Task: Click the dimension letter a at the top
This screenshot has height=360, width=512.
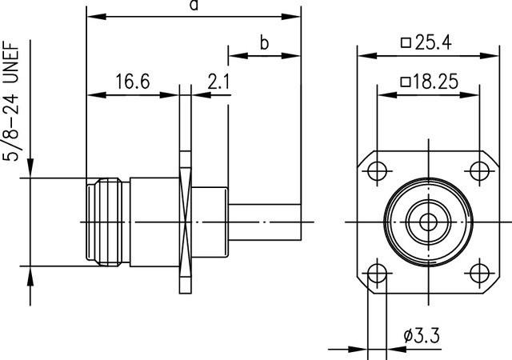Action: pos(193,6)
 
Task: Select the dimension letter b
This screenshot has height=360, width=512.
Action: pos(263,43)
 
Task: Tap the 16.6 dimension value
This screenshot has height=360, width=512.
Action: pos(132,82)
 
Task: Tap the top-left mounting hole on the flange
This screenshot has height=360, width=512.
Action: pos(375,170)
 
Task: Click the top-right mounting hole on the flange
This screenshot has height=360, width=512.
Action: pos(479,170)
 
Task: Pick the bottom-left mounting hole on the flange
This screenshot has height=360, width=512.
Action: pos(375,273)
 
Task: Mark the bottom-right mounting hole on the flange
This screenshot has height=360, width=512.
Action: pos(479,273)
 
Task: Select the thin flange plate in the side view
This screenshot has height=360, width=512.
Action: pos(185,221)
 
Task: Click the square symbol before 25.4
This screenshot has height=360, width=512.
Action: pos(406,44)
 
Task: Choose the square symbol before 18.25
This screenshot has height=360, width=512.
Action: pos(406,82)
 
